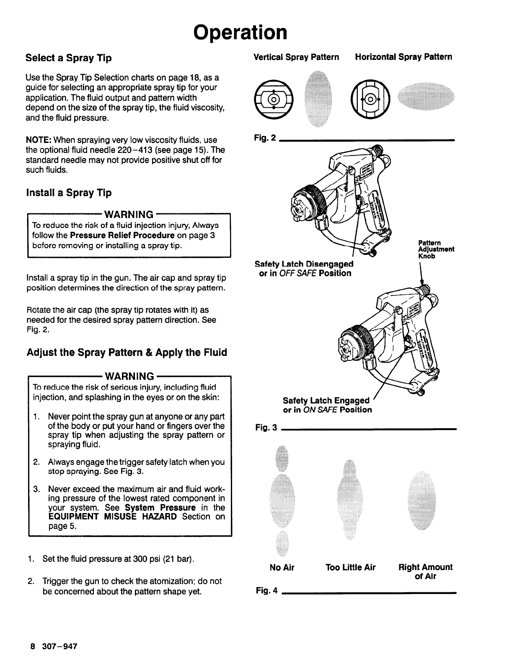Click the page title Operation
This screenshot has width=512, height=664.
click(240, 32)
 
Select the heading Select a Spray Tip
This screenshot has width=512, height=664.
click(69, 58)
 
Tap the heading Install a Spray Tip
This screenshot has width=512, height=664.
click(69, 193)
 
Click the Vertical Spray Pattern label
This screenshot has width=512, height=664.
click(297, 57)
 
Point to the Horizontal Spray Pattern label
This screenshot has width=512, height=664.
click(403, 57)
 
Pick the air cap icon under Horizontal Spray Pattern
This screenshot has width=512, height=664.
click(370, 100)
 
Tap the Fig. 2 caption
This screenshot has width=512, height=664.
click(265, 137)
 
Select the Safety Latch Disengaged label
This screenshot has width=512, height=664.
click(304, 264)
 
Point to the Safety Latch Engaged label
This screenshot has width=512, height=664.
click(326, 401)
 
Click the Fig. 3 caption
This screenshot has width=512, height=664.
click(266, 428)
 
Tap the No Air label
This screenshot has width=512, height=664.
click(282, 568)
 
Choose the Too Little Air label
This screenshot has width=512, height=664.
click(351, 568)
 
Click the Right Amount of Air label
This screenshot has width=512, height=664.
click(425, 572)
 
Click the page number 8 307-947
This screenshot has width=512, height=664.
click(53, 646)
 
